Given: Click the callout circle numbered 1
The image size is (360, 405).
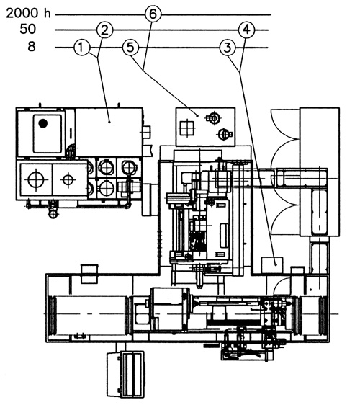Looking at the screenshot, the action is (x=81, y=48).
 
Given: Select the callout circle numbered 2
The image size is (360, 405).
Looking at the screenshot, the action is (x=104, y=30).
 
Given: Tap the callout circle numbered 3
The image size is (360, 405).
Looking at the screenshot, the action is (x=228, y=48).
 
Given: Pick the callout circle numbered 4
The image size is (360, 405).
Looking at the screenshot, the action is (x=246, y=30).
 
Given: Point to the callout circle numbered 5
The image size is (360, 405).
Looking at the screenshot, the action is (x=130, y=48).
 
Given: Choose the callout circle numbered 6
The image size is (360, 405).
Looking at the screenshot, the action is (x=153, y=14).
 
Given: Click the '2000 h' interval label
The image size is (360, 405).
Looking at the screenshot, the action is (x=28, y=13).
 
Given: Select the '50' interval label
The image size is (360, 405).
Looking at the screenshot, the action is (x=27, y=29).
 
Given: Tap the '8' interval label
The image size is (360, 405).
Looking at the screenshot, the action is (x=32, y=47).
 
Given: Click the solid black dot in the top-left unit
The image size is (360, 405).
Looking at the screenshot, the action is (x=42, y=123).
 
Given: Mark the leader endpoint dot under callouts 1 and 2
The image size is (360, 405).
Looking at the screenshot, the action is (x=109, y=121).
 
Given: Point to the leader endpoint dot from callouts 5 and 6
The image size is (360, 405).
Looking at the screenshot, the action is (x=197, y=116).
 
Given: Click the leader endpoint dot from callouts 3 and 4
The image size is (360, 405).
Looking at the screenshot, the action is (x=276, y=264).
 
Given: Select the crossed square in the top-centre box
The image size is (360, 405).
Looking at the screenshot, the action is (x=187, y=128).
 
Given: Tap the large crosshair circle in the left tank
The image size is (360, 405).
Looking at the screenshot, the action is (x=36, y=179).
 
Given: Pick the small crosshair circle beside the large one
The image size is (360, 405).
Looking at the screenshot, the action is (x=68, y=179).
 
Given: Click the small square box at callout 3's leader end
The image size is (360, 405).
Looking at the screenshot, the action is (x=272, y=265).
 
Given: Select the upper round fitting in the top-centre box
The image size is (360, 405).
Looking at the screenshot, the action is (x=214, y=118).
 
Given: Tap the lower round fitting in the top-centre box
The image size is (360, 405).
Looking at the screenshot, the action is (x=224, y=134).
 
